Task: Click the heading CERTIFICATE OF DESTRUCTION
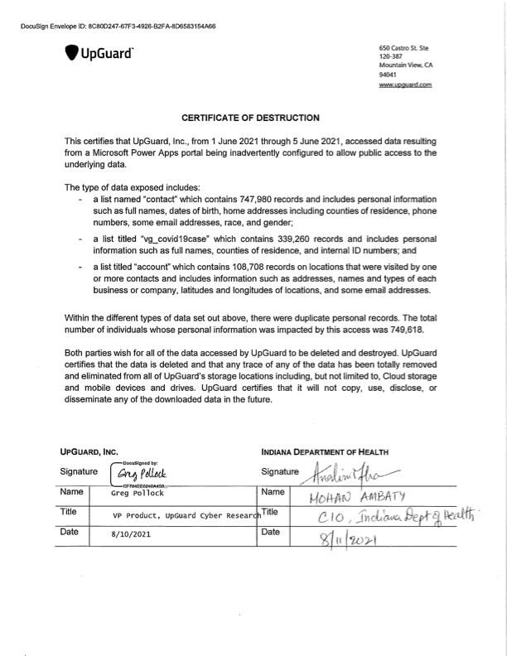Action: click(250, 118)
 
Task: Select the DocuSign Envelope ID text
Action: click(118, 27)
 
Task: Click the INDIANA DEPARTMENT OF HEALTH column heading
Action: click(324, 452)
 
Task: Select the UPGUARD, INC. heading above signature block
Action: click(89, 452)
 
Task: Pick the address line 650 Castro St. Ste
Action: click(403, 49)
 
